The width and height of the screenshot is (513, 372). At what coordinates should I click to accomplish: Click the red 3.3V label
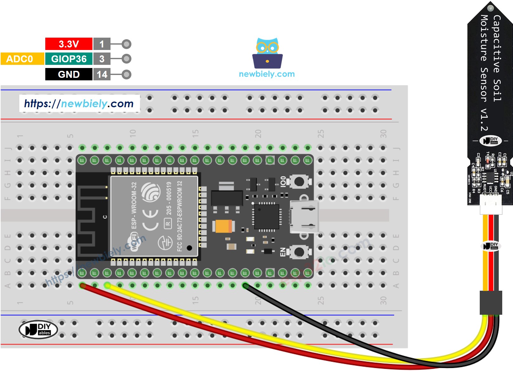tap(69, 44)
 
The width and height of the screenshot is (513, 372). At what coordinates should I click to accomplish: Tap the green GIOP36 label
tap(69, 59)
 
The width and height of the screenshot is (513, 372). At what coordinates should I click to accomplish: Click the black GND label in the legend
tap(69, 74)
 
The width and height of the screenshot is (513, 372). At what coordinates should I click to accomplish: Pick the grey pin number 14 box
tap(102, 74)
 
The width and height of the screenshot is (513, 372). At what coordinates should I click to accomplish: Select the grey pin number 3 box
tap(102, 59)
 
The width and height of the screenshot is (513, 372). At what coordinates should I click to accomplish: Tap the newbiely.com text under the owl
tap(267, 74)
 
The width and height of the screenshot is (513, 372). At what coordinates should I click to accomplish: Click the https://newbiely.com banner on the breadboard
tap(79, 103)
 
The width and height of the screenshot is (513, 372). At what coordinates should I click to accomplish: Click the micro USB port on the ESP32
tap(304, 217)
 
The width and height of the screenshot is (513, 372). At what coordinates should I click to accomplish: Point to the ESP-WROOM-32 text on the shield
tap(134, 206)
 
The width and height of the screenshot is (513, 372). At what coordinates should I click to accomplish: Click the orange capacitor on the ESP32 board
tap(224, 226)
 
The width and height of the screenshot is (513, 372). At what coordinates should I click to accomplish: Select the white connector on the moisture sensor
tap(491, 204)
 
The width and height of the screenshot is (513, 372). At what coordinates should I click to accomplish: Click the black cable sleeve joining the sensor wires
tap(491, 302)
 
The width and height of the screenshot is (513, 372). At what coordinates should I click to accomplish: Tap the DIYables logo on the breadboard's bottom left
tap(38, 329)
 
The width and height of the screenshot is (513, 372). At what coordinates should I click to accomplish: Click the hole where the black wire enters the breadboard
tap(245, 286)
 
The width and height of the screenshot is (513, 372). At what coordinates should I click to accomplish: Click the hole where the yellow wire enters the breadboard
tap(107, 286)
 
